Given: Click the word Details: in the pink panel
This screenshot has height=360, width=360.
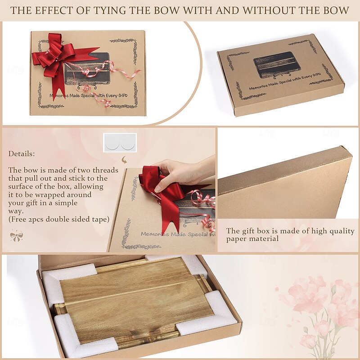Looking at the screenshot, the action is click(x=22, y=153).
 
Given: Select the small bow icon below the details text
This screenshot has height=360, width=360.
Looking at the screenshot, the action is click(x=17, y=236).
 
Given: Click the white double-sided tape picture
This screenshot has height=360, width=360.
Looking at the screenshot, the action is click(x=120, y=143).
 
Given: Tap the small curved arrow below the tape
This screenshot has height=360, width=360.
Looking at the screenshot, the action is click(x=124, y=160).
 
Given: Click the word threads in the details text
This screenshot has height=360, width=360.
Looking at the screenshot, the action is click(x=102, y=170).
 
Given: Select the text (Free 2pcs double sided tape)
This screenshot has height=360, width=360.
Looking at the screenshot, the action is click(x=59, y=219).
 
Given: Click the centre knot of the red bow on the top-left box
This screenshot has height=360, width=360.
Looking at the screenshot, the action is click(x=56, y=59).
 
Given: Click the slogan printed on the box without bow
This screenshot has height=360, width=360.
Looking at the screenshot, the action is click(x=285, y=81).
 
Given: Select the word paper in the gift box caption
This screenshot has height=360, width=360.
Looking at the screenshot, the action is click(x=237, y=239).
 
